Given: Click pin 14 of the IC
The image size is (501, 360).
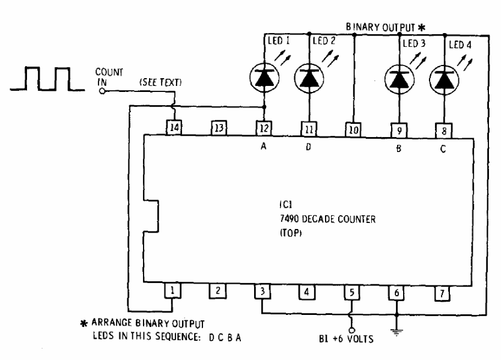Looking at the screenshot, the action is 174,127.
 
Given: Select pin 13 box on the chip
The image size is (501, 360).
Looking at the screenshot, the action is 219,128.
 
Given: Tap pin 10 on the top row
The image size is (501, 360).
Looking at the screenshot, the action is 353,130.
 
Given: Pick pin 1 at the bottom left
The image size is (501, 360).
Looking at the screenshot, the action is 172,290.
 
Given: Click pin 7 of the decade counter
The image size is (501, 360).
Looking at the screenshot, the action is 443,293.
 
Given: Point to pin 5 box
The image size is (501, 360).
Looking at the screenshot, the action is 352,292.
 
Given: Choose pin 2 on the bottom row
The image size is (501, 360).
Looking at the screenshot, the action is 217,291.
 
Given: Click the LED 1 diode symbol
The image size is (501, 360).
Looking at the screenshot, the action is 264,78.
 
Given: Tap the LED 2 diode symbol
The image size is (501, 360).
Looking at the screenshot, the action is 309,78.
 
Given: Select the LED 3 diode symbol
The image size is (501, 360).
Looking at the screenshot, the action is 399,79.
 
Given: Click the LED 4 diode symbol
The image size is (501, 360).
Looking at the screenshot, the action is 444,80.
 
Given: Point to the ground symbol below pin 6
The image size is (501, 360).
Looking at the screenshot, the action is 396,332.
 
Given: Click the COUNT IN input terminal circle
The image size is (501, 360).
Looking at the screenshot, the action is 102,91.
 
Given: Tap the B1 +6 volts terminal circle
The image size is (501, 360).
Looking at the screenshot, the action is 352,330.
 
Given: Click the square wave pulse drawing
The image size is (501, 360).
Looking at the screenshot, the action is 47,79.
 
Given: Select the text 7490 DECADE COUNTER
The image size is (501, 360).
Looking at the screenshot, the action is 328,219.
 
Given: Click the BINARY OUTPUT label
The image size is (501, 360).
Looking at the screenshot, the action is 380,28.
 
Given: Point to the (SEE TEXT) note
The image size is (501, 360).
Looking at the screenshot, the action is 160,82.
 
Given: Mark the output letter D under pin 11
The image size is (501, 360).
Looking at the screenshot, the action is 308,147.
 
